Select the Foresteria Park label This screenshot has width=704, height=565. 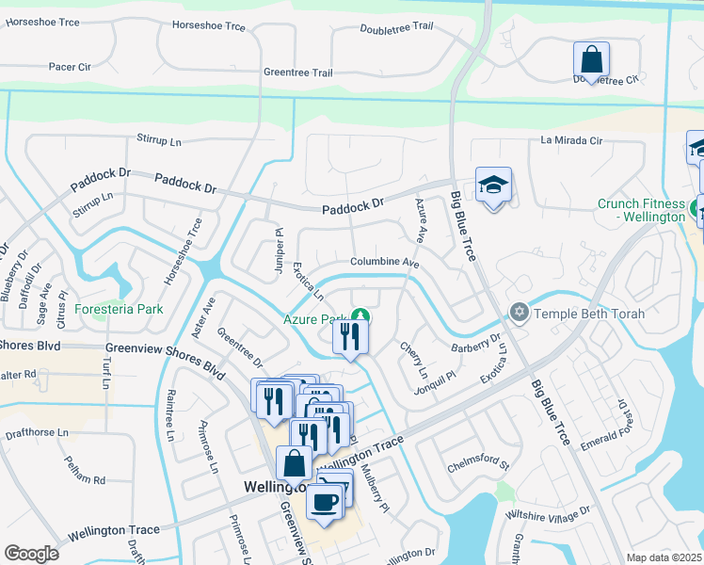tap(120, 309)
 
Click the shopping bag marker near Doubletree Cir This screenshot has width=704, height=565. tap(591, 61)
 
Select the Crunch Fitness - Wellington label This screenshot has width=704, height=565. tap(641, 210)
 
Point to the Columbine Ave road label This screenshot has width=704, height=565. tap(384, 263)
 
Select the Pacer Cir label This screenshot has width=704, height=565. tap(71, 68)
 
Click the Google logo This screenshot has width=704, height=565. tap(32, 554)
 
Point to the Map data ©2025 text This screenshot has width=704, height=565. tap(663, 557)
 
